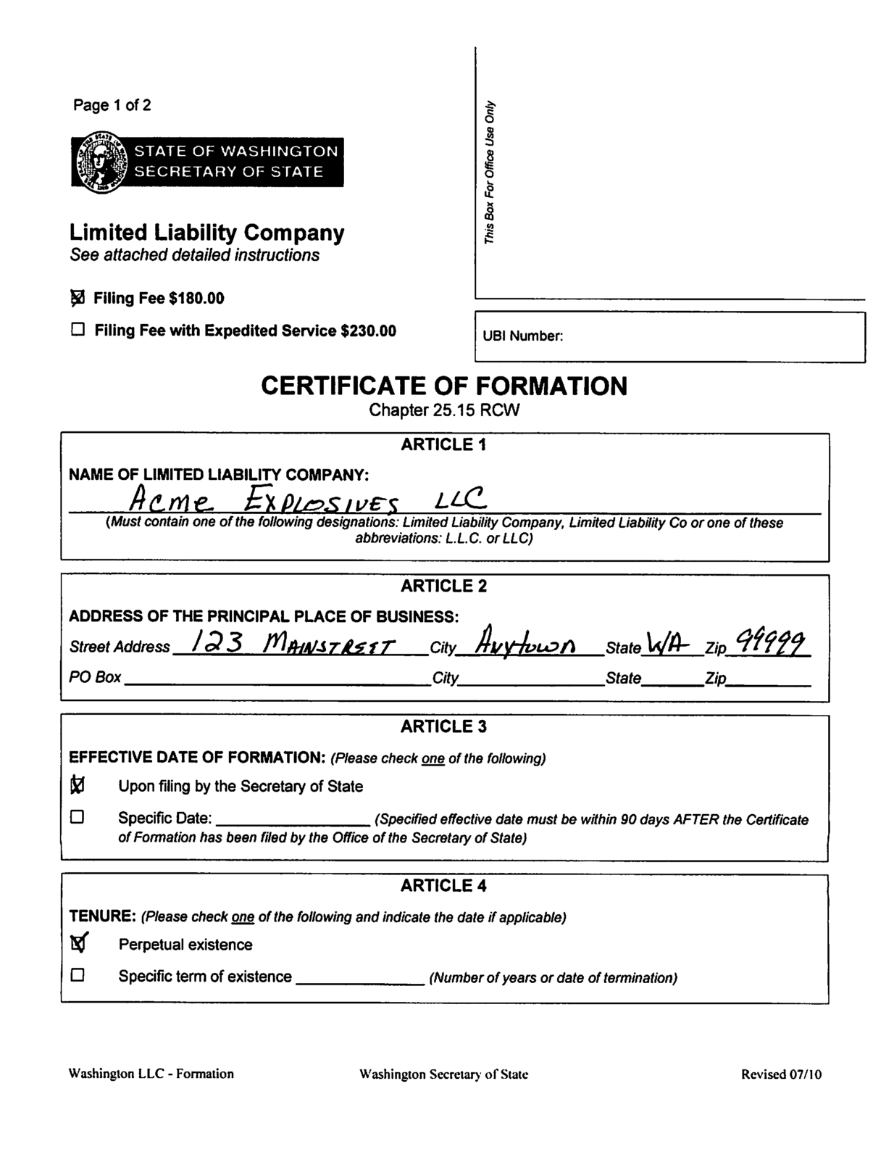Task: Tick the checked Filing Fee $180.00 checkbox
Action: (x=78, y=298)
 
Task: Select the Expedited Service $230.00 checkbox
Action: (x=78, y=330)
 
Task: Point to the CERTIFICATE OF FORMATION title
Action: (x=443, y=386)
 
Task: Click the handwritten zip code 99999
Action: (x=769, y=642)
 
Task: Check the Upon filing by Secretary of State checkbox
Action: (x=78, y=785)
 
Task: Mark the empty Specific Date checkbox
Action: (x=78, y=817)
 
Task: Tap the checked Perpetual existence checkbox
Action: (x=78, y=943)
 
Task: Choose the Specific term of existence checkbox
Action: (x=78, y=975)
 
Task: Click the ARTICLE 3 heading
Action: (x=443, y=726)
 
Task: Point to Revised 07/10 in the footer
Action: (x=781, y=1074)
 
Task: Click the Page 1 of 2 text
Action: (x=112, y=105)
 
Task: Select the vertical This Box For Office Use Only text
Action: (x=490, y=171)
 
